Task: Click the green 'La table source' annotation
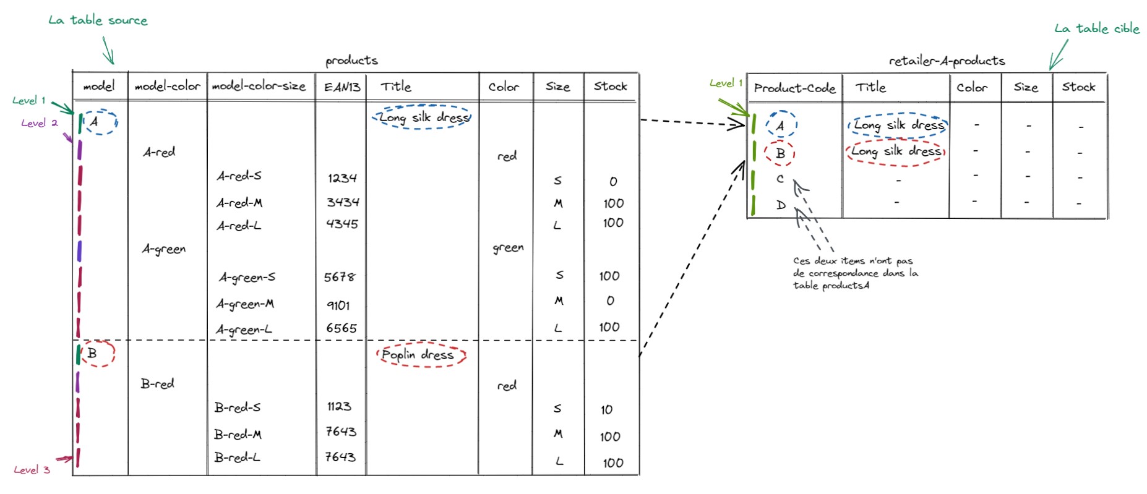[x=98, y=20]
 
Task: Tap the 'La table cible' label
[x=1096, y=28]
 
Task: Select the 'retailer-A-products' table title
[x=947, y=61]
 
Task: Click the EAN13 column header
[x=342, y=87]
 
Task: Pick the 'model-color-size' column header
[x=259, y=87]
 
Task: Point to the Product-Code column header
[x=794, y=88]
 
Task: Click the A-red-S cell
[x=239, y=176]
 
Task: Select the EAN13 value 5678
[x=340, y=277]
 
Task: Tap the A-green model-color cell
[x=163, y=249]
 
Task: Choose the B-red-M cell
[x=238, y=435]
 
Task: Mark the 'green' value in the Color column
[x=508, y=248]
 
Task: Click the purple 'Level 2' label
[x=39, y=123]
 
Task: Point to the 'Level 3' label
[x=32, y=470]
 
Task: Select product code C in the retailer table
[x=780, y=179]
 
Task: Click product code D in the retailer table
[x=781, y=205]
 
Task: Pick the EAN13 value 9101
[x=338, y=305]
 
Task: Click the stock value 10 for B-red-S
[x=606, y=410]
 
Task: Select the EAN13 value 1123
[x=339, y=406]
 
